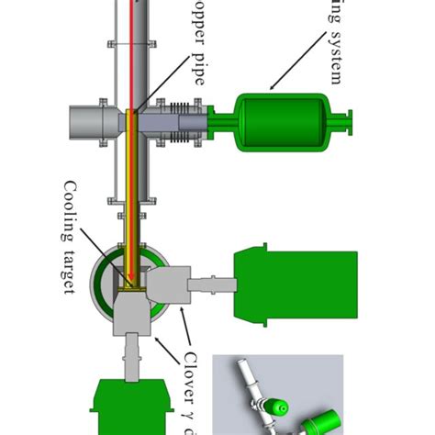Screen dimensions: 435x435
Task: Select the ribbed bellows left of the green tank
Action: tap(181, 123)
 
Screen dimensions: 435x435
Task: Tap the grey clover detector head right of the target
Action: tap(170, 285)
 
